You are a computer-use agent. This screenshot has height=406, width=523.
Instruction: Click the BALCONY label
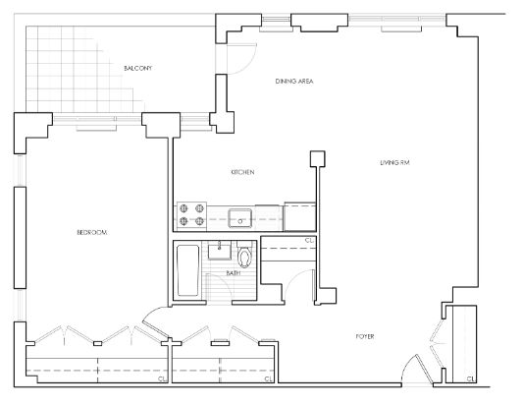pos(137,68)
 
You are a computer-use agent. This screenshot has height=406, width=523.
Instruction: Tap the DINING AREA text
pos(294,82)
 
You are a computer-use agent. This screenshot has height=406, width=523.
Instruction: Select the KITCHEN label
pos(242,172)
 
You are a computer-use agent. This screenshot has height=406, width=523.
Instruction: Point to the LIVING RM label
pos(394,163)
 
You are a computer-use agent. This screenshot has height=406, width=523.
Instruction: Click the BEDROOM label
pos(92,232)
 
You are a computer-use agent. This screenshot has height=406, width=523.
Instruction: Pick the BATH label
pos(234,273)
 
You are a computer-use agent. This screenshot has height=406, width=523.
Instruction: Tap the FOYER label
pos(365,336)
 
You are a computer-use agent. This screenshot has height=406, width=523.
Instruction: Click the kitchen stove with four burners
pos(191,215)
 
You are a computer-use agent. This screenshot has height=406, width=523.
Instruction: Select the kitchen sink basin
pos(239,218)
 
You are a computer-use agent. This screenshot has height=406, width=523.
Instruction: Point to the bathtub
pos(188,270)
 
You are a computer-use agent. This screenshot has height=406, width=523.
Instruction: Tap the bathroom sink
pos(219,252)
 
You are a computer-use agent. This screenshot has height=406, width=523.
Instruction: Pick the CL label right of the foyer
pos(471,378)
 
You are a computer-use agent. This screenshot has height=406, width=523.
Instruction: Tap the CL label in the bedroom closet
pos(162,378)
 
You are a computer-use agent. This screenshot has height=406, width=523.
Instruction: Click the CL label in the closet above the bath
pos(309,240)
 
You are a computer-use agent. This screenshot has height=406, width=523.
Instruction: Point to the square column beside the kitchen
pos(318,158)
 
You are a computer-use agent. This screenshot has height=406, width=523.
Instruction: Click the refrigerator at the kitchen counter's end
pos(300,216)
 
